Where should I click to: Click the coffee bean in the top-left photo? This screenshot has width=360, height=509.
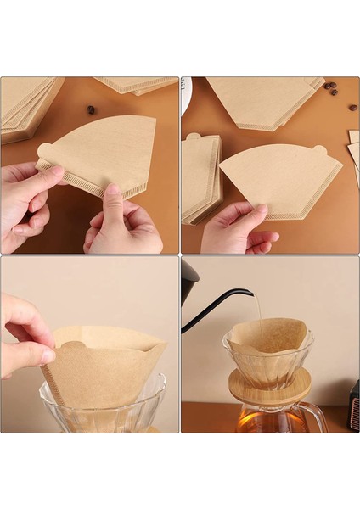point(91,109)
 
